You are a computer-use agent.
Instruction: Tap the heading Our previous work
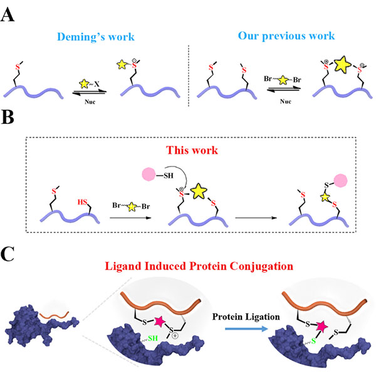coord(281,37)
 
